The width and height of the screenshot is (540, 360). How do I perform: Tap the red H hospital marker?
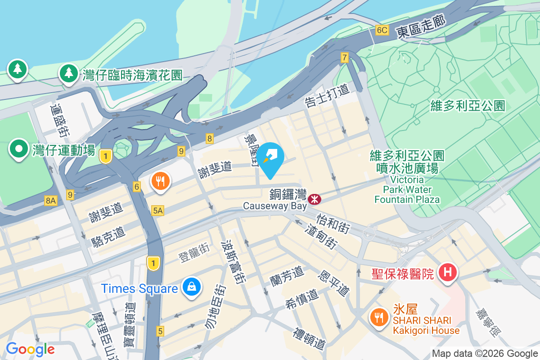click(x=448, y=273)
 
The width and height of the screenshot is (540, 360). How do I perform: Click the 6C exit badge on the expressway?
click(x=382, y=30)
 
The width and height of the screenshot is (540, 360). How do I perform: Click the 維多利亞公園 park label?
click(x=468, y=106)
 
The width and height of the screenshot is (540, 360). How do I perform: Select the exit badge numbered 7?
click(x=345, y=57)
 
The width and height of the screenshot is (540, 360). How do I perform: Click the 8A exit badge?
click(x=51, y=201)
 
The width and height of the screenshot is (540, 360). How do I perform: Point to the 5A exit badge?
click(x=157, y=210)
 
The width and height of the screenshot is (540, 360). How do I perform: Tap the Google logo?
click(x=30, y=349)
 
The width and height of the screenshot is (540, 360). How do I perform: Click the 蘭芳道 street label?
click(x=287, y=274)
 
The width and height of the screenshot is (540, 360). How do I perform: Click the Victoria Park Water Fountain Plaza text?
click(x=407, y=189)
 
